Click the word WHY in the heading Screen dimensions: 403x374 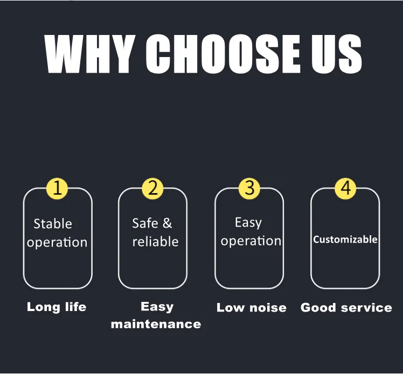click(x=90, y=53)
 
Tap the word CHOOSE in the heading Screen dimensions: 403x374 click(x=223, y=53)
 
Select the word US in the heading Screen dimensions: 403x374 click(x=337, y=53)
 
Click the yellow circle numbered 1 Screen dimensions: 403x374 click(x=57, y=188)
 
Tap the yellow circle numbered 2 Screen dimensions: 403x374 click(x=152, y=188)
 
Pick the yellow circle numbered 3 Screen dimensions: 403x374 click(x=249, y=188)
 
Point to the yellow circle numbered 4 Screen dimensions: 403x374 click(x=345, y=188)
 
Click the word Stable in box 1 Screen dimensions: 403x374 click(x=53, y=223)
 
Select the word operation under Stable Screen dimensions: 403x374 click(x=57, y=243)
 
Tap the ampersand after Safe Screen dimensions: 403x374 click(x=168, y=223)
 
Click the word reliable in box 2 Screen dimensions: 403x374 click(x=155, y=242)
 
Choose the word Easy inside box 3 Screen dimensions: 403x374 click(x=248, y=223)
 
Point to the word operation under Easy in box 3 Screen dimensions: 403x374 click(x=251, y=241)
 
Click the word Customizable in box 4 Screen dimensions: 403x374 click(x=345, y=239)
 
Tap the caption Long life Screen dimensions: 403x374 click(x=57, y=307)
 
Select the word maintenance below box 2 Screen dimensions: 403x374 click(x=156, y=324)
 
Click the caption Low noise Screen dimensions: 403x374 click(x=252, y=307)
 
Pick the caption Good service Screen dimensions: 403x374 click(x=346, y=307)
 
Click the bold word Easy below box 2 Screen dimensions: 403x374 click(x=157, y=307)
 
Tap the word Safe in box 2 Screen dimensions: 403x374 click(x=145, y=223)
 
